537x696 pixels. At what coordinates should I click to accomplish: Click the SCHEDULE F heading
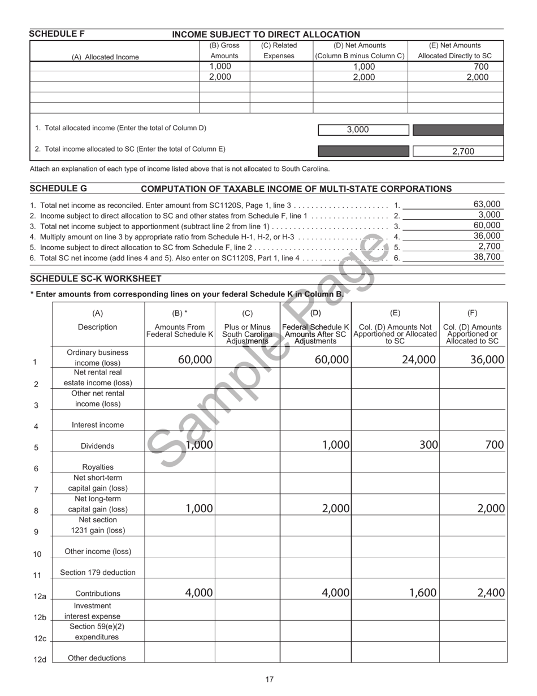[57, 34]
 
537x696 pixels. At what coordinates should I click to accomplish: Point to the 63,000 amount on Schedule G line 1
[486, 204]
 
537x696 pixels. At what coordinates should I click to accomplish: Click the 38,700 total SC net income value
[486, 257]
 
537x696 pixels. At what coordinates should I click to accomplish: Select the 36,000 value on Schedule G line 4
[486, 236]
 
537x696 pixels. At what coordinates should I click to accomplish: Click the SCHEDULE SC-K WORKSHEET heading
[96, 279]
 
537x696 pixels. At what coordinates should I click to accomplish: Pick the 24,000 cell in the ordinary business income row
[418, 359]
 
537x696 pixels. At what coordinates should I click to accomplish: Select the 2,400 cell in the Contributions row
[490, 592]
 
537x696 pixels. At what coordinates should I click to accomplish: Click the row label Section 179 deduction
[98, 572]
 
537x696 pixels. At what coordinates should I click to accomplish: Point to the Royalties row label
[98, 467]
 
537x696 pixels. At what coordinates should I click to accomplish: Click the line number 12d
[40, 660]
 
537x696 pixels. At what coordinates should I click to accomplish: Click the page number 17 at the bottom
[270, 680]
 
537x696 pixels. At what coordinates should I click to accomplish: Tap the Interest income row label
[98, 425]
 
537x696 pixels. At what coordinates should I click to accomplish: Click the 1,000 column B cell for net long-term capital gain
[199, 509]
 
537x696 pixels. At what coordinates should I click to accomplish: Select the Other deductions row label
[97, 658]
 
